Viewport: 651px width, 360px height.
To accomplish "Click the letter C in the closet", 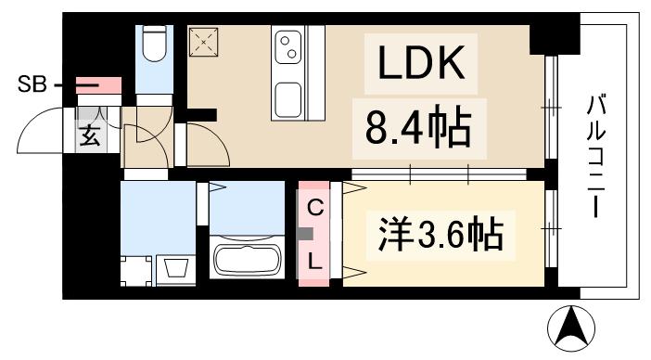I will click(x=315, y=209).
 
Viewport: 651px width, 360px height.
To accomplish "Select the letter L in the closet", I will click(x=315, y=262).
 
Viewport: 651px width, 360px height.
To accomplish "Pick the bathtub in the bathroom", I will click(x=248, y=257).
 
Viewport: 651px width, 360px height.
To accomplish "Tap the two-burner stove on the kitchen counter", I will click(x=288, y=44).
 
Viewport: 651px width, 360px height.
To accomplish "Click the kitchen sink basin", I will click(x=289, y=96).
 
